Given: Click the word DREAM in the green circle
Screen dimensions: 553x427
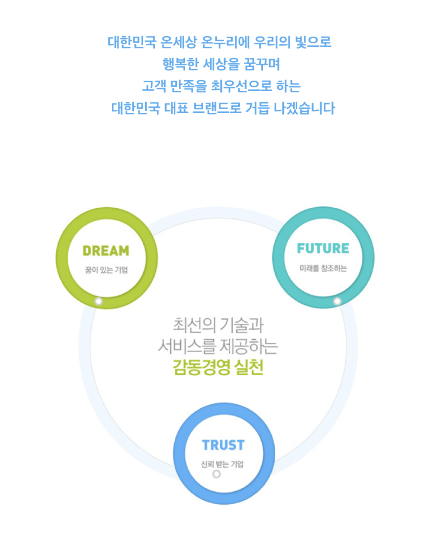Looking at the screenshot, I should coord(105,251).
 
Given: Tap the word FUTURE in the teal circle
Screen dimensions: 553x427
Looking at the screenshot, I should coord(323,248).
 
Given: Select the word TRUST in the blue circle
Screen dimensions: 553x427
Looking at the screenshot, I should coord(223,445).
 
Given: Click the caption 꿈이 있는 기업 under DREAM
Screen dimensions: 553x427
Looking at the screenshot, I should coord(106,270).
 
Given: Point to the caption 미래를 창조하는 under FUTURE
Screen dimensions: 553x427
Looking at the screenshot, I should coord(323,268).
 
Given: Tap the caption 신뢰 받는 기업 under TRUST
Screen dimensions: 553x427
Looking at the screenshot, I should coord(222,464).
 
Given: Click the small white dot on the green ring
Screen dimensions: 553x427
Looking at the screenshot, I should coord(99,301).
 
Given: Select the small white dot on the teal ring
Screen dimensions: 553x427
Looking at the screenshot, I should coord(337,301).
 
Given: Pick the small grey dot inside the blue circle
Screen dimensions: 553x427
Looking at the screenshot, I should coord(216,474).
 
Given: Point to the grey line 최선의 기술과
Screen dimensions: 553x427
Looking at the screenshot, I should coord(218,325).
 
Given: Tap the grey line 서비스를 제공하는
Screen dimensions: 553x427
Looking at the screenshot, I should coord(218,346).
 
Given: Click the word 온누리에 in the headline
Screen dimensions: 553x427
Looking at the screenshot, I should coord(225,42).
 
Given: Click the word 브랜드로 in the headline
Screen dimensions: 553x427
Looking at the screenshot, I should coord(217,108).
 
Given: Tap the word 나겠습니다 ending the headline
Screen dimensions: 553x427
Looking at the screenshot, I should coord(304,108).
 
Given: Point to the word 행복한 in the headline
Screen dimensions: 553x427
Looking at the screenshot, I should coord(181,64).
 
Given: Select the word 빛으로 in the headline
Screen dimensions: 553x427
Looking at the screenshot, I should coord(313,42).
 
